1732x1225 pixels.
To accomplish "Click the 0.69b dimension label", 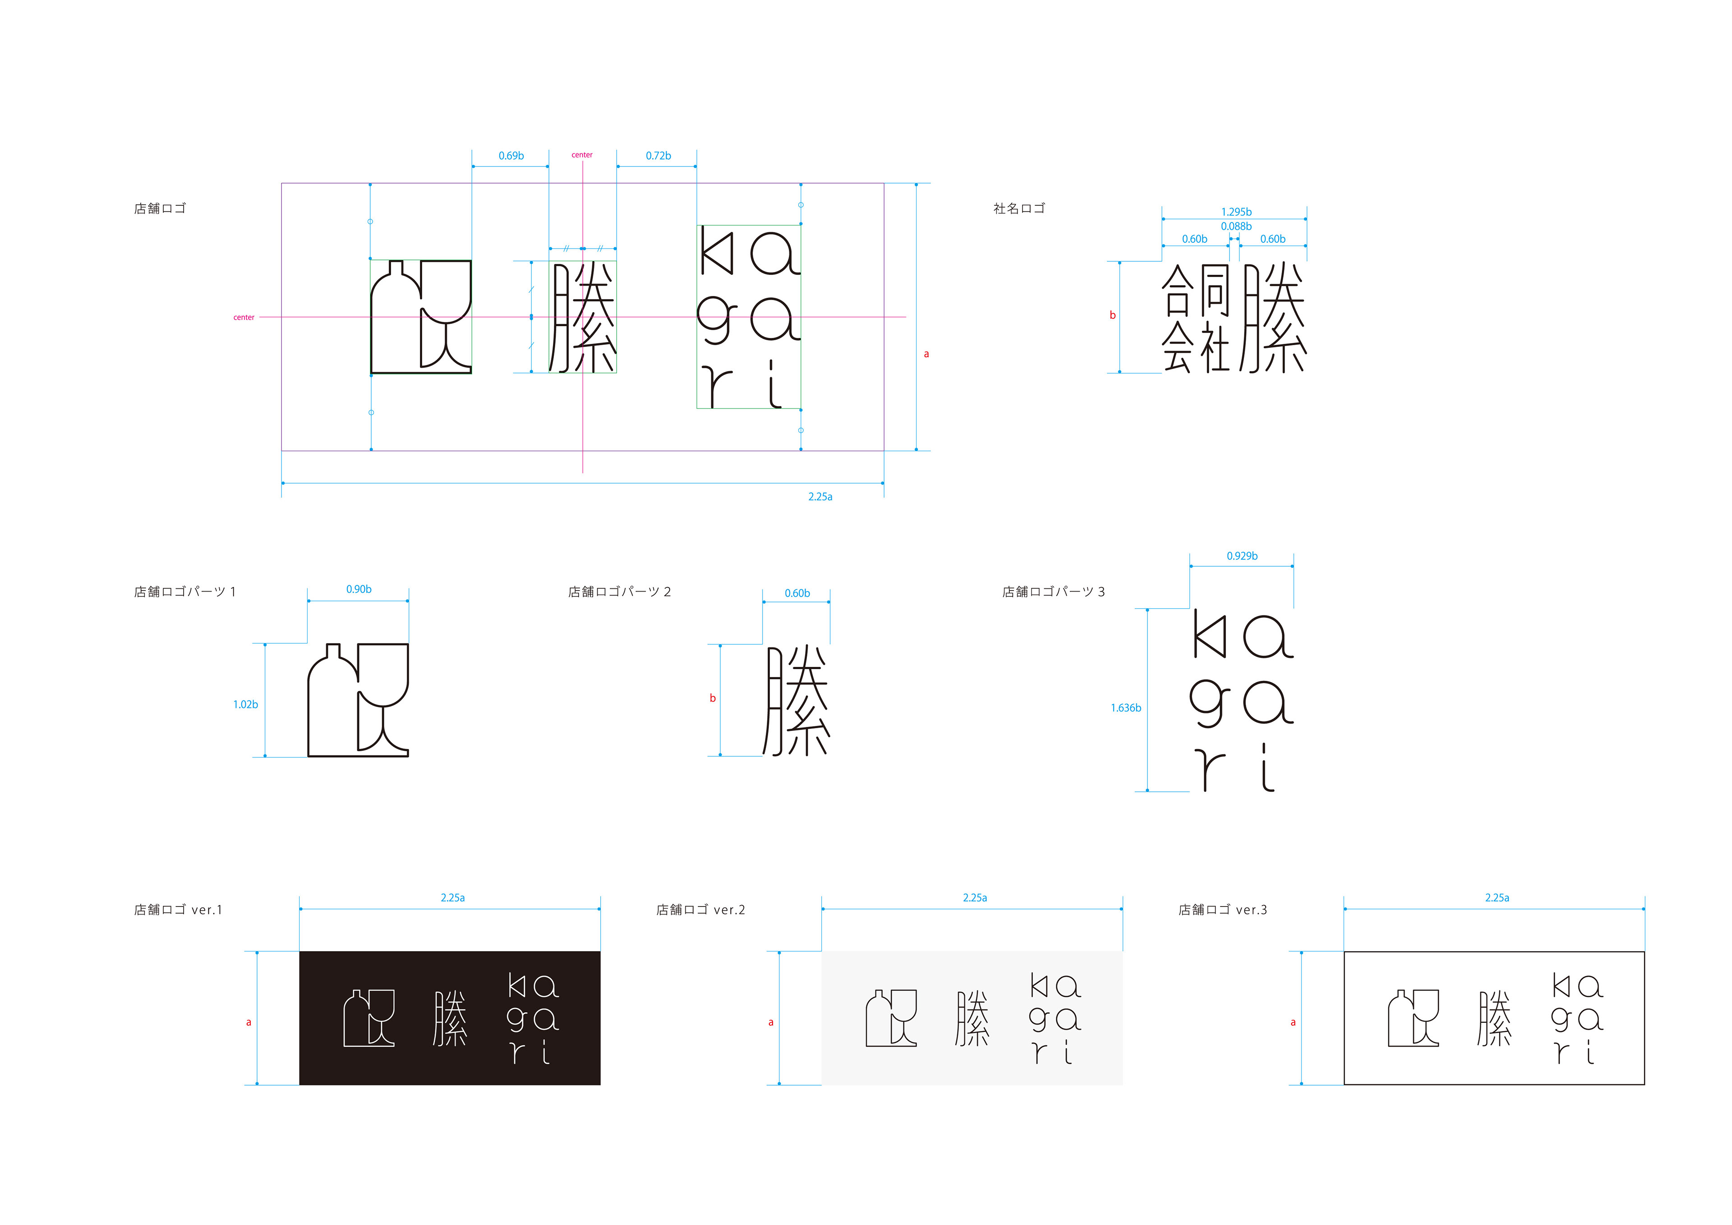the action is tap(511, 156).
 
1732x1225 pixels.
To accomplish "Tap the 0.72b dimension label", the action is tap(658, 156).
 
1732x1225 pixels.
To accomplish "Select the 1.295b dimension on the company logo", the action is tap(1236, 212).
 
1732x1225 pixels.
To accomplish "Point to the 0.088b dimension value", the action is tap(1236, 227).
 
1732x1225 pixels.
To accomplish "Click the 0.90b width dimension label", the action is tap(358, 589).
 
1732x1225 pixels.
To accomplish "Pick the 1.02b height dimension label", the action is tap(245, 705).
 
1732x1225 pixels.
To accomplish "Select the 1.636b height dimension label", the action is tap(1125, 708).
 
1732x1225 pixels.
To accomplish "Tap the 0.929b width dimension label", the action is tap(1242, 556).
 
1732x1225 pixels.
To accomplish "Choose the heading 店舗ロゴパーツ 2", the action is tap(619, 592).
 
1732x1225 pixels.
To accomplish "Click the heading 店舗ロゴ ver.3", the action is tap(1223, 910).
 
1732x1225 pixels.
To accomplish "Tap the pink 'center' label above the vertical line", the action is tap(581, 155).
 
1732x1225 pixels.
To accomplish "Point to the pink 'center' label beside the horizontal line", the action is tap(244, 318).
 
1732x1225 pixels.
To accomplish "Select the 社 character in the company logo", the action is tap(1215, 347).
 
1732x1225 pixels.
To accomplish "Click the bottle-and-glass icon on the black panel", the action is tap(369, 1018).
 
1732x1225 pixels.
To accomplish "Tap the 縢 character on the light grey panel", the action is tap(972, 1019).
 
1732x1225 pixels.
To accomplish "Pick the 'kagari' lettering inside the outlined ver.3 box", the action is tap(1576, 1019).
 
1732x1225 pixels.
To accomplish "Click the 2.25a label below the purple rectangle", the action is tap(820, 497).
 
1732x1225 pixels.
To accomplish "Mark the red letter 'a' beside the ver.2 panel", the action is tap(770, 1023).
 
